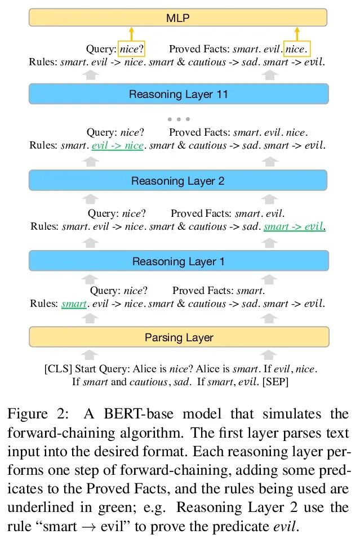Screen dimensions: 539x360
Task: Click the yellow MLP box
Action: (178, 17)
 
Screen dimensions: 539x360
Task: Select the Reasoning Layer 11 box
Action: (178, 94)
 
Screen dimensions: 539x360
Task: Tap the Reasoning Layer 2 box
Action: (178, 181)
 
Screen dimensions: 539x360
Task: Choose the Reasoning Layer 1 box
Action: (178, 261)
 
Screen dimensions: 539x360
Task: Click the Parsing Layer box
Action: (179, 337)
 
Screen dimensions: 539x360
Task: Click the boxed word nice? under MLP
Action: (131, 50)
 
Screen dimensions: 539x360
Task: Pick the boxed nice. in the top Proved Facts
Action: (297, 50)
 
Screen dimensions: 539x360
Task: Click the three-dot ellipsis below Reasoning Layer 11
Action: (179, 119)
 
